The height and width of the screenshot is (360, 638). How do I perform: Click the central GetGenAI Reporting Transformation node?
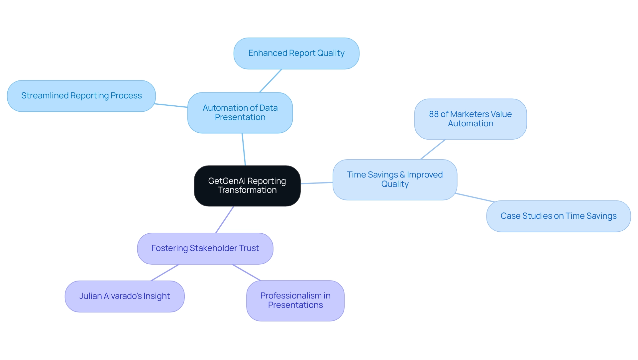click(247, 185)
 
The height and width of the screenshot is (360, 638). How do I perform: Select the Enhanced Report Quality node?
click(296, 53)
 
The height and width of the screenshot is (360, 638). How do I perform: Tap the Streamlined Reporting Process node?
click(81, 96)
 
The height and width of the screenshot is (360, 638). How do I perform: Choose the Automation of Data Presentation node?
click(240, 113)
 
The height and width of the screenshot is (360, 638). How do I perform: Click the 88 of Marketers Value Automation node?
click(471, 119)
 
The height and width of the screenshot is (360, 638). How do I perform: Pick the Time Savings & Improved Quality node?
click(395, 180)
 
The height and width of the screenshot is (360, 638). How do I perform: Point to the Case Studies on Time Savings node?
click(558, 216)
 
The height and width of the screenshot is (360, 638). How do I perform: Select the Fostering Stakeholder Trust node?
click(205, 248)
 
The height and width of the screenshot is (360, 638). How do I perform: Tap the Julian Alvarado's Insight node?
click(125, 296)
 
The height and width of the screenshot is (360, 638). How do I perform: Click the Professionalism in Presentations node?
click(295, 300)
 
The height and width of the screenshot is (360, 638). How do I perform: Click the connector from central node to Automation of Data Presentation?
click(244, 150)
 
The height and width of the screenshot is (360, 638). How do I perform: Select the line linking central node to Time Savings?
click(317, 183)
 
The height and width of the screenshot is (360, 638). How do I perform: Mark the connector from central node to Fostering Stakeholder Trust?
click(225, 219)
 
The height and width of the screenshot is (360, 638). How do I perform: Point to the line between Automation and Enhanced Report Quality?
click(270, 81)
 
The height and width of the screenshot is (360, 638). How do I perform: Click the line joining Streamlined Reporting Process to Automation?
click(171, 106)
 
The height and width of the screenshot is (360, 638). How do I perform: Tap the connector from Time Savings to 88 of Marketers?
click(433, 149)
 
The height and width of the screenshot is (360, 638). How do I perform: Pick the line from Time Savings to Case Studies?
click(475, 197)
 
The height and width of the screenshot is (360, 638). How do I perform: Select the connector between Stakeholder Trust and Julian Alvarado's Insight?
click(165, 273)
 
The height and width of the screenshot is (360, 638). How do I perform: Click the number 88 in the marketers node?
click(434, 114)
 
